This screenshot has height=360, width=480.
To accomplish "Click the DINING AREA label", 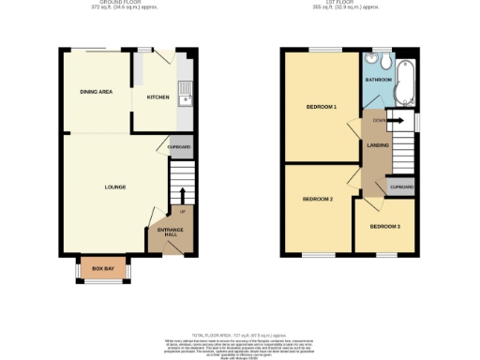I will (x=96, y=91).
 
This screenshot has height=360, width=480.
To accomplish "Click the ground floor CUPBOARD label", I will (x=179, y=147).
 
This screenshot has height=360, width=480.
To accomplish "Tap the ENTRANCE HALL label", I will (x=170, y=232).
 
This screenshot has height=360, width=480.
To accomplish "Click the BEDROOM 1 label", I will (x=322, y=107).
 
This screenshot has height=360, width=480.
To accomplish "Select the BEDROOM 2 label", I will (x=318, y=199).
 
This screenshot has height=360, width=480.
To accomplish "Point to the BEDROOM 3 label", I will (x=384, y=227).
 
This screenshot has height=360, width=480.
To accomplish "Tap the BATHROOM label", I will (x=379, y=81).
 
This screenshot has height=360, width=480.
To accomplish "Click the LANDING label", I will (x=379, y=144).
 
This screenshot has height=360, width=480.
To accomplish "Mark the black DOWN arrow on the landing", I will (x=394, y=120).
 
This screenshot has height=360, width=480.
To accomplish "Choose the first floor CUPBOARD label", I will (x=401, y=187).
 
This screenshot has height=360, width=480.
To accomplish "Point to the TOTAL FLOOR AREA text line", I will (x=240, y=335).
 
